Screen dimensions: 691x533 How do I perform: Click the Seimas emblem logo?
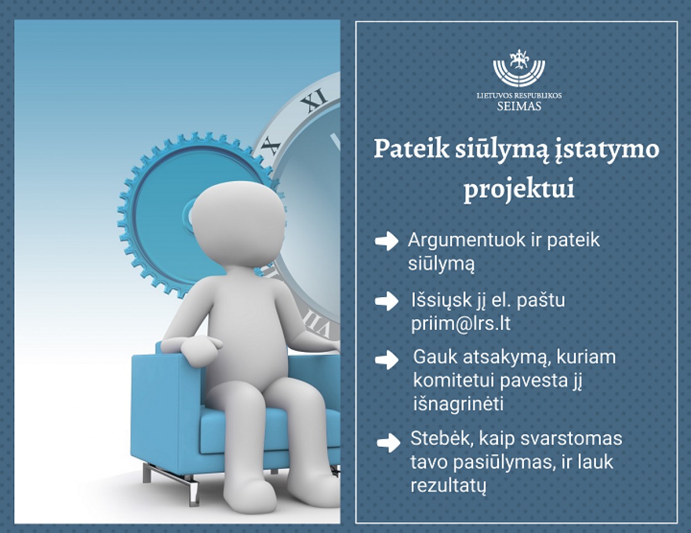[x=519, y=68]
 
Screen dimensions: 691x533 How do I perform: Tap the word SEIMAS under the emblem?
[x=519, y=106]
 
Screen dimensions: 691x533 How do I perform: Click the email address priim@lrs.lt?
[x=461, y=323]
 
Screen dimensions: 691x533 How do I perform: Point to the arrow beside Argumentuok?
[x=386, y=241]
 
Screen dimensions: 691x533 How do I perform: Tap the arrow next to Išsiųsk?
[x=386, y=301]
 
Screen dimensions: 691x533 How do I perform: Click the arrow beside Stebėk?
[x=388, y=442]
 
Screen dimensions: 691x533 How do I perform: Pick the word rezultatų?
[x=449, y=486]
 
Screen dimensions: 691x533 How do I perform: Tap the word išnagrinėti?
[x=458, y=405]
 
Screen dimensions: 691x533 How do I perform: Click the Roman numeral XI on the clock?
[x=314, y=99]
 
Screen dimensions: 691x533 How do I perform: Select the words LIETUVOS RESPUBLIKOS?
[x=519, y=96]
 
